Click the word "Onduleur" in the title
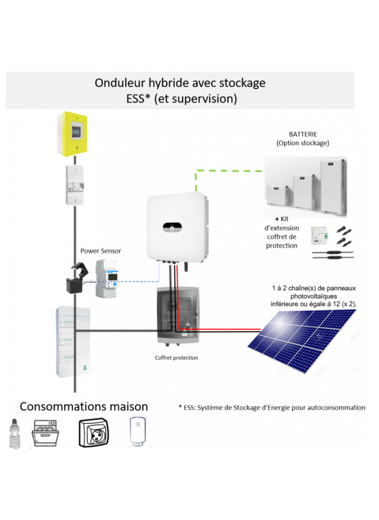(116, 83)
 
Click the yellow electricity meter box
(73, 134)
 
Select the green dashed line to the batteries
(227, 171)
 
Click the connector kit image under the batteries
(332, 243)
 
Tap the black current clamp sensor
(77, 278)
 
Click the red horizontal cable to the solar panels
(217, 329)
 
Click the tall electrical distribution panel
(73, 341)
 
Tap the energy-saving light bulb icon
(14, 433)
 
